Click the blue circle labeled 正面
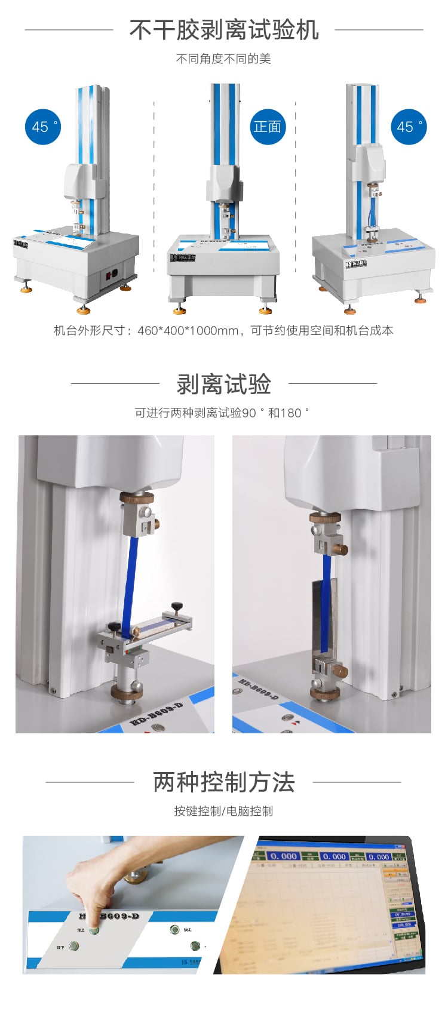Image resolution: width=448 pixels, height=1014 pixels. [x=267, y=127]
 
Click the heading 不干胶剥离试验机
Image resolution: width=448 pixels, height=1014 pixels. [x=224, y=30]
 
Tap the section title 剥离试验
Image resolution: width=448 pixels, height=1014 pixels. [x=224, y=384]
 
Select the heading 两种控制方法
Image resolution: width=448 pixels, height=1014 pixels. [x=224, y=782]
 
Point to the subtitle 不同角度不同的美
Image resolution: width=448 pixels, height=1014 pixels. [x=224, y=59]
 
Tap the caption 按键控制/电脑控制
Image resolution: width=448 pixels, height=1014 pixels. [x=224, y=811]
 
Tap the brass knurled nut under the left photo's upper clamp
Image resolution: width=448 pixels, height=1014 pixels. [x=137, y=497]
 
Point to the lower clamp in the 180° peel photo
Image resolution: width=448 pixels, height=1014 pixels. [x=328, y=672]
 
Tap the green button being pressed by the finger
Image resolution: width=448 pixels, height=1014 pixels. [x=94, y=930]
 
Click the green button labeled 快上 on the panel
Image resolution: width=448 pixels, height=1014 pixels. [x=174, y=929]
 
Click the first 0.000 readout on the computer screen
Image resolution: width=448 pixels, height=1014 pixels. [x=283, y=856]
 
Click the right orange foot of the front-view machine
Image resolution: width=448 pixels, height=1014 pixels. [x=265, y=310]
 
